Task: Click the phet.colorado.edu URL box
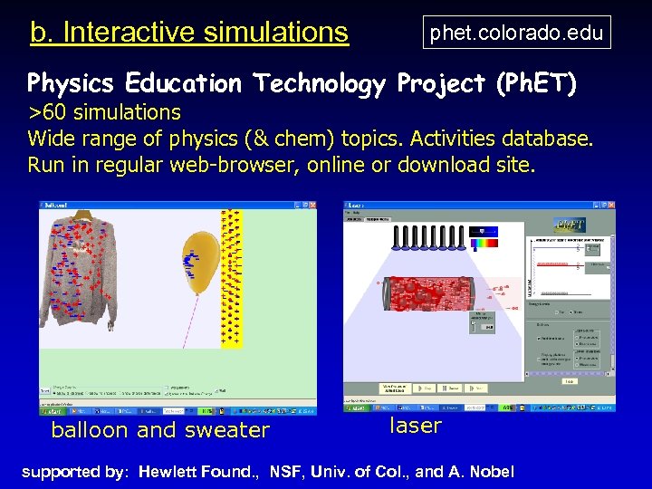point(516,33)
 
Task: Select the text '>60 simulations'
point(104,112)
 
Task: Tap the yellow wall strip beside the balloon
point(233,276)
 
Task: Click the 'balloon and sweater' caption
point(160,430)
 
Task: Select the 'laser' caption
point(416,425)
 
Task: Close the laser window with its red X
point(610,206)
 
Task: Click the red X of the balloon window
point(312,206)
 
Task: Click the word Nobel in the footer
point(492,472)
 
